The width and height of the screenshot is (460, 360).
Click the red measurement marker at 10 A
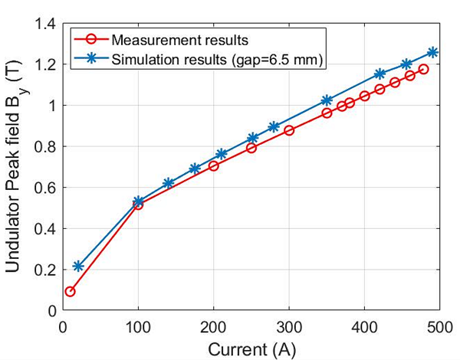pyautogui.click(x=71, y=292)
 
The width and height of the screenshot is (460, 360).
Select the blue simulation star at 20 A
pyautogui.click(x=78, y=267)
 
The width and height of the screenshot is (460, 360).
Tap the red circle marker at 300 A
pyautogui.click(x=289, y=130)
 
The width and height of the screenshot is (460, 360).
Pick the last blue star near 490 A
pyautogui.click(x=432, y=52)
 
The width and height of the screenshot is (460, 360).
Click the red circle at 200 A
pyautogui.click(x=214, y=165)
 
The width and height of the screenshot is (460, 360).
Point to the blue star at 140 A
pyautogui.click(x=169, y=183)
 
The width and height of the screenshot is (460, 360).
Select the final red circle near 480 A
pyautogui.click(x=424, y=69)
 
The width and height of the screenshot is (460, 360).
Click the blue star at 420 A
pyautogui.click(x=379, y=74)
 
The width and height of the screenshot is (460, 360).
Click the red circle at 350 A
pyautogui.click(x=327, y=113)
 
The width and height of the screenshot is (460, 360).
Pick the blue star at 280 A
pyautogui.click(x=274, y=126)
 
